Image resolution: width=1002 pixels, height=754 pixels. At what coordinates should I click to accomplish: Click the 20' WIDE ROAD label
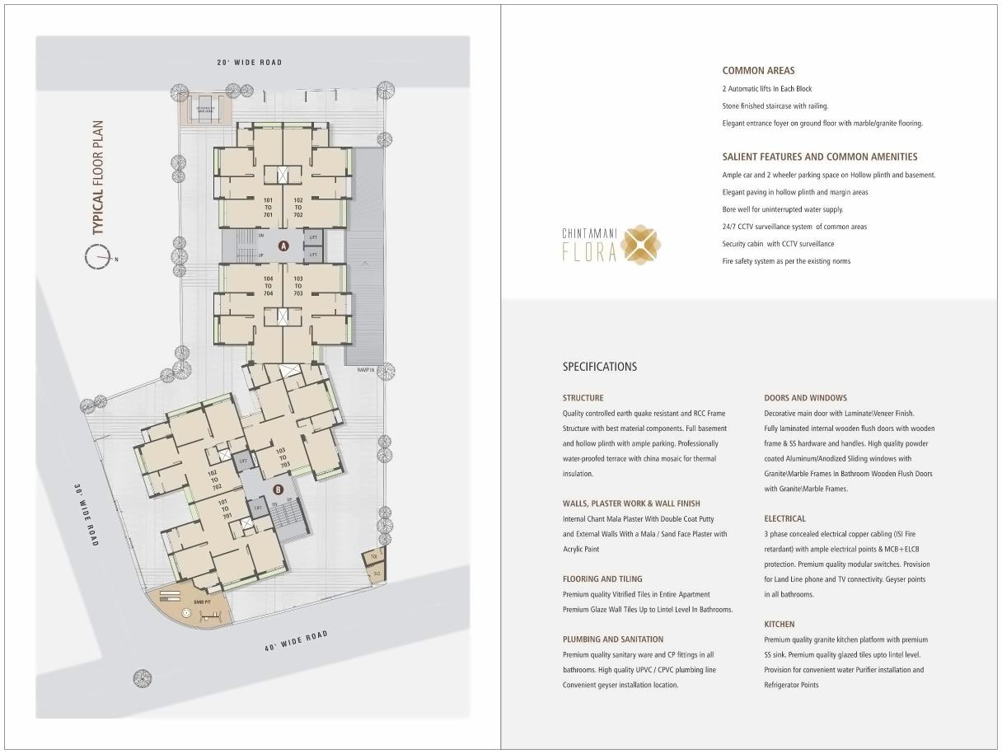(249, 63)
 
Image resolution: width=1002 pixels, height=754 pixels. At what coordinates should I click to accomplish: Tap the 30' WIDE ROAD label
(87, 514)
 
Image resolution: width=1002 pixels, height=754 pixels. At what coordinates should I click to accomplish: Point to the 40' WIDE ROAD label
(296, 641)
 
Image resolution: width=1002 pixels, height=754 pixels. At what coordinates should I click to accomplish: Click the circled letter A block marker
(283, 246)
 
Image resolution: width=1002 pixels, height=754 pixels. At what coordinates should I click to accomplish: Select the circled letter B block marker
(278, 489)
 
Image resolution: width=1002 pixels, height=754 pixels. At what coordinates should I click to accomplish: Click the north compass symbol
(97, 258)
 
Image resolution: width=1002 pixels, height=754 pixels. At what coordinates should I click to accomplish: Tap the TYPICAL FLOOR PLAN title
(99, 178)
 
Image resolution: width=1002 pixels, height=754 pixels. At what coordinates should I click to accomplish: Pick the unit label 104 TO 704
(268, 286)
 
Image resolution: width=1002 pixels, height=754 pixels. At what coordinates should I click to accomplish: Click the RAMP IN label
(366, 370)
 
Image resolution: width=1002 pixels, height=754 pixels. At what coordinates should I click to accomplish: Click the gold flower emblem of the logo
(640, 245)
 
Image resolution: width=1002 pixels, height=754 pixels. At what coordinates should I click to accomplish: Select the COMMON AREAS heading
(758, 71)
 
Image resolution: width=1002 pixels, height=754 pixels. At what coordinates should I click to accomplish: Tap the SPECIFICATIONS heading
(599, 367)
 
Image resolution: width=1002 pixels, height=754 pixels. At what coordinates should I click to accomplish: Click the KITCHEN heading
(779, 625)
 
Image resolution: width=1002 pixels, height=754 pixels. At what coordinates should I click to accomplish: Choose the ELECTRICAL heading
(784, 519)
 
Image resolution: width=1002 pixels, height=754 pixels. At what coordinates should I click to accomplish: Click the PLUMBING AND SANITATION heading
(612, 639)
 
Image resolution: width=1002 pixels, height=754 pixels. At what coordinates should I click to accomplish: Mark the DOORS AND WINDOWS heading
(805, 398)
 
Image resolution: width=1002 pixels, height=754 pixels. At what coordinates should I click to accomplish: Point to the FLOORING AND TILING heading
(602, 579)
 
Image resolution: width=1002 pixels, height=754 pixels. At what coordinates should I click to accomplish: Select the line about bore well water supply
(782, 209)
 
